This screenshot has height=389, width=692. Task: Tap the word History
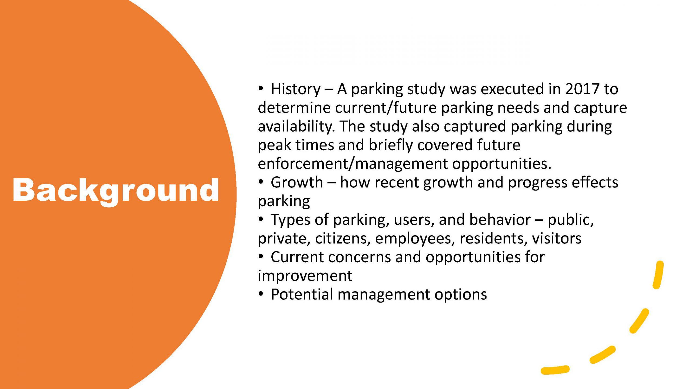point(295,89)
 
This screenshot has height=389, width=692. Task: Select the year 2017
point(582,89)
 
